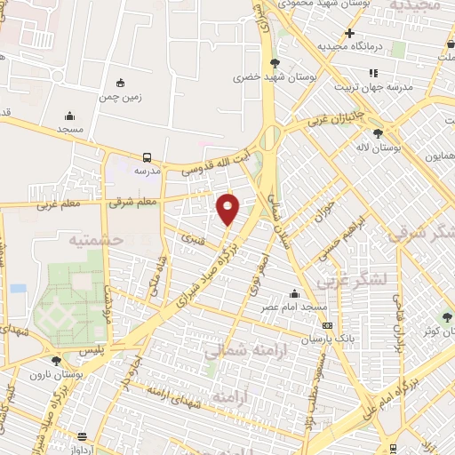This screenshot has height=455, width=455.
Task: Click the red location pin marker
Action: click(x=229, y=208)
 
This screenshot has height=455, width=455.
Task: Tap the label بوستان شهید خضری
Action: click(x=249, y=77)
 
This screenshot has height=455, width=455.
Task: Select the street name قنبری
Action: click(x=192, y=238)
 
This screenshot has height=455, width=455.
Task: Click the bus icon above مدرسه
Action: click(x=147, y=155)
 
